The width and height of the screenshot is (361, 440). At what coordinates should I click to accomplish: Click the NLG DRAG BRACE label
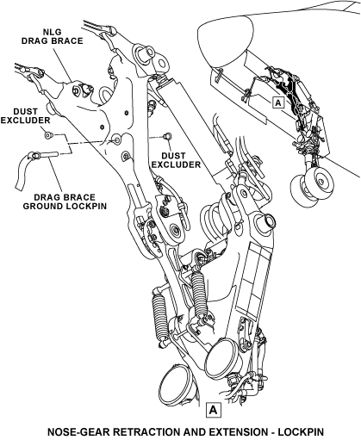53,36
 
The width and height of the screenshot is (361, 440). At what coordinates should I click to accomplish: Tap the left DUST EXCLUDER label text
25,115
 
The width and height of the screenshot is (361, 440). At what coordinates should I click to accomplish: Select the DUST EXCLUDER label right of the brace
176,160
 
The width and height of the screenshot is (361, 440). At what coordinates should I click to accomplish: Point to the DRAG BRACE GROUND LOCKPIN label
65,201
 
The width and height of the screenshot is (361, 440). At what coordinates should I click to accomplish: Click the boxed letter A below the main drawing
213,409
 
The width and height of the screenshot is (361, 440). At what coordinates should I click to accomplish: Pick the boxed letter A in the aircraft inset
277,102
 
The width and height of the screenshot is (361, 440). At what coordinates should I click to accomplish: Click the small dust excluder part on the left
47,134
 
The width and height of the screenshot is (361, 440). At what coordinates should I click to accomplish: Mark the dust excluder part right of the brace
167,136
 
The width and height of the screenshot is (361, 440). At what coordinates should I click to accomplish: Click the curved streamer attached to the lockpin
23,170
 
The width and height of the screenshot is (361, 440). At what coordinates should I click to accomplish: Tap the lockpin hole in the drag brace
117,139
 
